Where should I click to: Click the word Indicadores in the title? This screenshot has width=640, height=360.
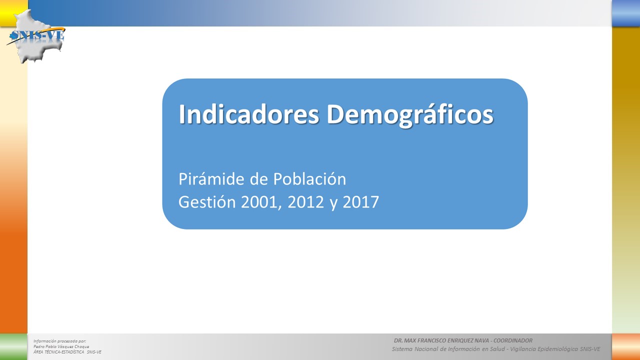tap(248, 114)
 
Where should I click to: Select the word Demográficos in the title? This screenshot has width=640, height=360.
tap(410, 115)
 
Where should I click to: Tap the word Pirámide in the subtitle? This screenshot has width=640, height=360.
tap(211, 179)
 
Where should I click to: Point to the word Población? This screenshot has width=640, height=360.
tap(309, 179)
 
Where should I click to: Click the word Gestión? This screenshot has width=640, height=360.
tap(207, 201)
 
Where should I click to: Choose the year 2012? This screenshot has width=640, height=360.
tap(305, 202)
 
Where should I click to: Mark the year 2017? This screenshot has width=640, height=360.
tap(360, 202)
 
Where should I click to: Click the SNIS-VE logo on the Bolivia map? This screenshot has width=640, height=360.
tap(36, 35)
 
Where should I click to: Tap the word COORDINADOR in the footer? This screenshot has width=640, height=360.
tap(513, 340)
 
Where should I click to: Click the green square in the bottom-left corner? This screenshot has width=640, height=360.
tap(13, 346)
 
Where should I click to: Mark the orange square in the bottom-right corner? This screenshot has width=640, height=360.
tap(626, 346)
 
